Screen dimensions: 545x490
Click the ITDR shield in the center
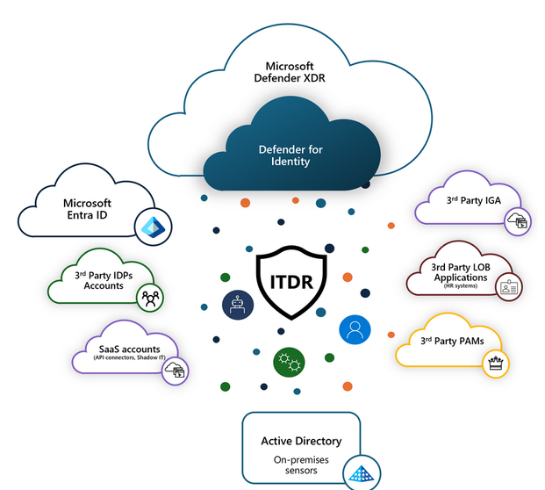[x=291, y=282]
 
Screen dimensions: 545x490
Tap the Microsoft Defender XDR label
[x=290, y=72]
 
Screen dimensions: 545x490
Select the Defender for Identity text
[x=290, y=155]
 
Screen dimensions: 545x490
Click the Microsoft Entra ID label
[x=87, y=209]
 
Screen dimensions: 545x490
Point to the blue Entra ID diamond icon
[x=154, y=227]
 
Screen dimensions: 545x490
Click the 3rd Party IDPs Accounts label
[x=104, y=280]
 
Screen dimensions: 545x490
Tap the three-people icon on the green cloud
[x=150, y=298]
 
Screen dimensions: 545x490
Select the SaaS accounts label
[x=129, y=349]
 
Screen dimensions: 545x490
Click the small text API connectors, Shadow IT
[x=129, y=357]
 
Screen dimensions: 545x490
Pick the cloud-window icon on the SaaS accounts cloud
[x=176, y=371]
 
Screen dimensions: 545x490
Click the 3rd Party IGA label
[x=473, y=200]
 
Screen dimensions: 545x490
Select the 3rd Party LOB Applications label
[x=461, y=272]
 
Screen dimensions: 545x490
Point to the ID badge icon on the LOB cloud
[x=509, y=287]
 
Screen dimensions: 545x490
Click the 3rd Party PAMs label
[x=452, y=341]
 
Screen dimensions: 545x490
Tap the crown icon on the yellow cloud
[x=496, y=364]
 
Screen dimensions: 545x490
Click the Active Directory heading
[x=301, y=441]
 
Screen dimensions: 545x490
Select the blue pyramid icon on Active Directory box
[x=362, y=473]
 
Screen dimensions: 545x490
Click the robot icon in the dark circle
[x=238, y=305]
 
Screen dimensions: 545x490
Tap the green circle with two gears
[x=290, y=362]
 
